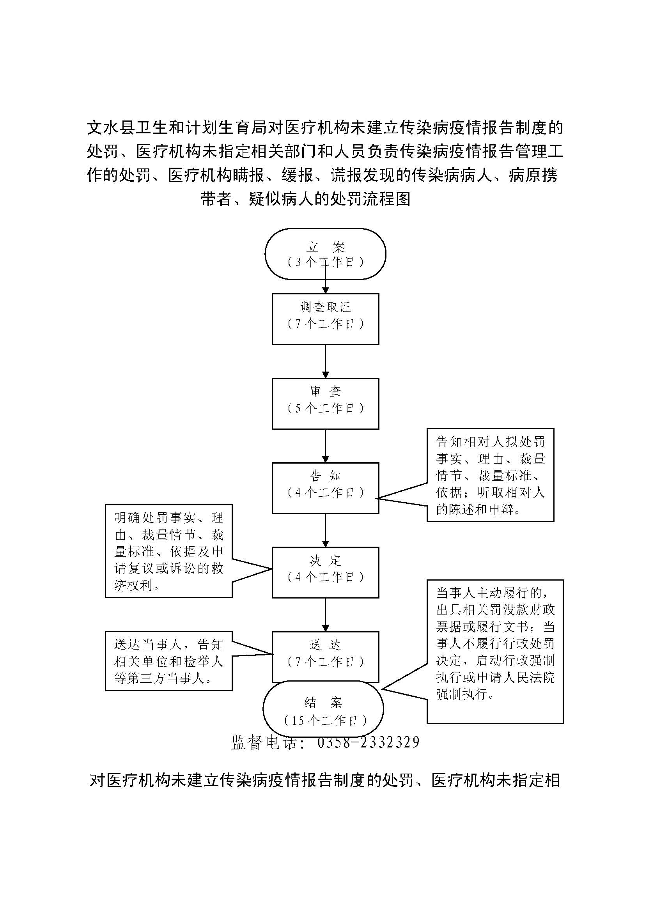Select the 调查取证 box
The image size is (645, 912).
click(325, 319)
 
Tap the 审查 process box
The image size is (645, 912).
click(325, 403)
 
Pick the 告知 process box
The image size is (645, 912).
click(325, 488)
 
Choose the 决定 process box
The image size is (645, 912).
click(325, 572)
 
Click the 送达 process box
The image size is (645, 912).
click(325, 657)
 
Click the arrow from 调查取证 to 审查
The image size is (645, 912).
click(325, 361)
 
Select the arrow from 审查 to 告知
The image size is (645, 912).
click(325, 446)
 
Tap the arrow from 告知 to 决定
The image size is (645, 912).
click(325, 530)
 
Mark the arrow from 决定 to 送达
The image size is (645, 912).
click(325, 614)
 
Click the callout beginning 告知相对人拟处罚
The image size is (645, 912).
click(490, 475)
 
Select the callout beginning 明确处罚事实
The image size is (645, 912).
click(169, 551)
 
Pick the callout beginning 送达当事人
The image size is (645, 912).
click(169, 661)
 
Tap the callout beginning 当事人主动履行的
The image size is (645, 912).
click(495, 652)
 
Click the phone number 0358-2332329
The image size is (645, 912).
click(368, 742)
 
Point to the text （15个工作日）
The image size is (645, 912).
click(325, 721)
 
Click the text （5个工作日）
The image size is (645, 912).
click(325, 409)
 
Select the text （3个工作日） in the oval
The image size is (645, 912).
click(325, 262)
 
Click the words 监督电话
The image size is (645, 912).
click(264, 742)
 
